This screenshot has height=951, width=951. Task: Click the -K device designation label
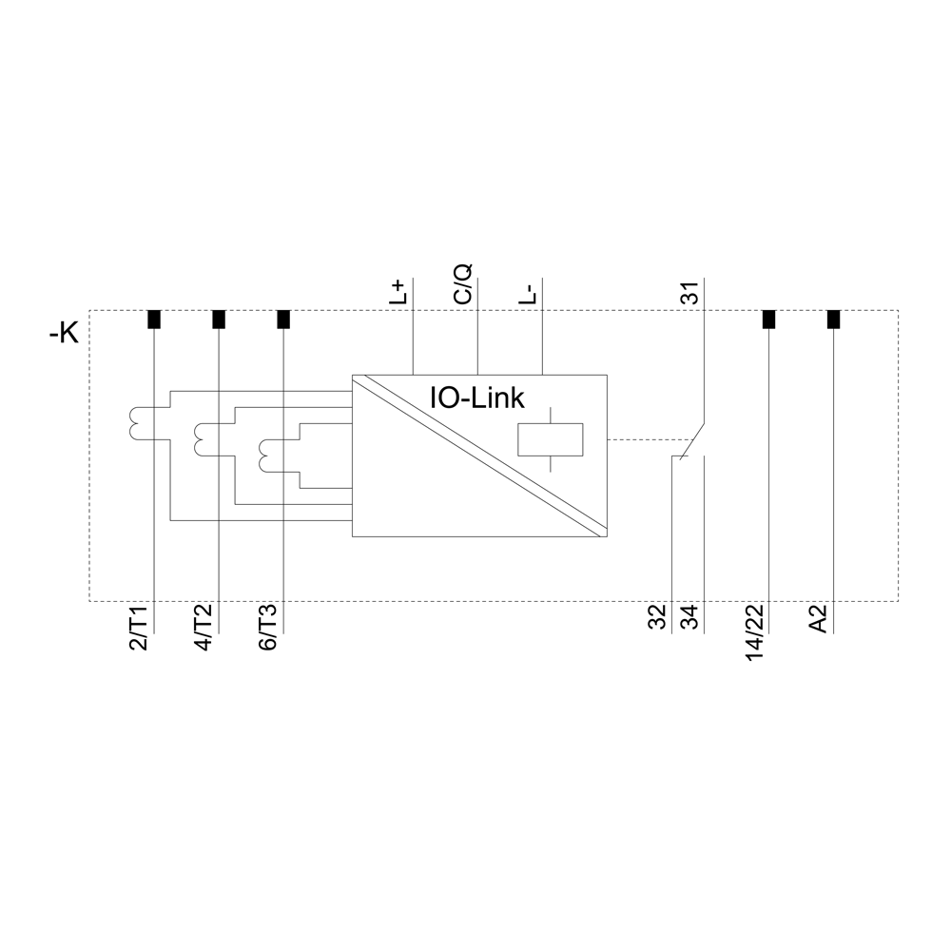(64, 334)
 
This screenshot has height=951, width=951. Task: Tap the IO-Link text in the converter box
(477, 398)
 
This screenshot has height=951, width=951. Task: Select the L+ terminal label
(398, 292)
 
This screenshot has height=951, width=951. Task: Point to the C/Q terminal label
(462, 284)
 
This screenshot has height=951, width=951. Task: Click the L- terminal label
(528, 294)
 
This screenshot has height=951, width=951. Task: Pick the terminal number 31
(690, 292)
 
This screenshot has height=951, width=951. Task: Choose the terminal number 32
(657, 617)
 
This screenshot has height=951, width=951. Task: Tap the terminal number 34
(690, 617)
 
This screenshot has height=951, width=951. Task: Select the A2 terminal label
(820, 619)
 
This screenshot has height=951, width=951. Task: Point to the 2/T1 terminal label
(139, 628)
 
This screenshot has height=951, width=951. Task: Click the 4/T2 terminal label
(204, 628)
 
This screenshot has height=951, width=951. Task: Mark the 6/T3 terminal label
(268, 628)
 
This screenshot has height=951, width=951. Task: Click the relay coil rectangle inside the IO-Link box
(550, 439)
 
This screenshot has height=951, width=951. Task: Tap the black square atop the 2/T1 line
(154, 319)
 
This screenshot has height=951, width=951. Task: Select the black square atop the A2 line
(833, 319)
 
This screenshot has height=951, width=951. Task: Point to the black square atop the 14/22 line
(768, 319)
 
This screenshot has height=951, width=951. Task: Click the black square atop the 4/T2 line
(219, 319)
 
